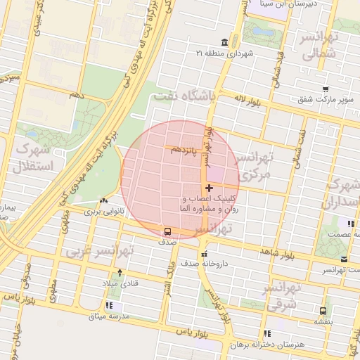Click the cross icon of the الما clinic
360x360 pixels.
(209, 188)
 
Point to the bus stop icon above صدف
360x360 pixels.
(167, 231)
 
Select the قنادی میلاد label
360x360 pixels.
(118, 283)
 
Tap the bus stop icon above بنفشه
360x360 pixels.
(323, 310)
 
